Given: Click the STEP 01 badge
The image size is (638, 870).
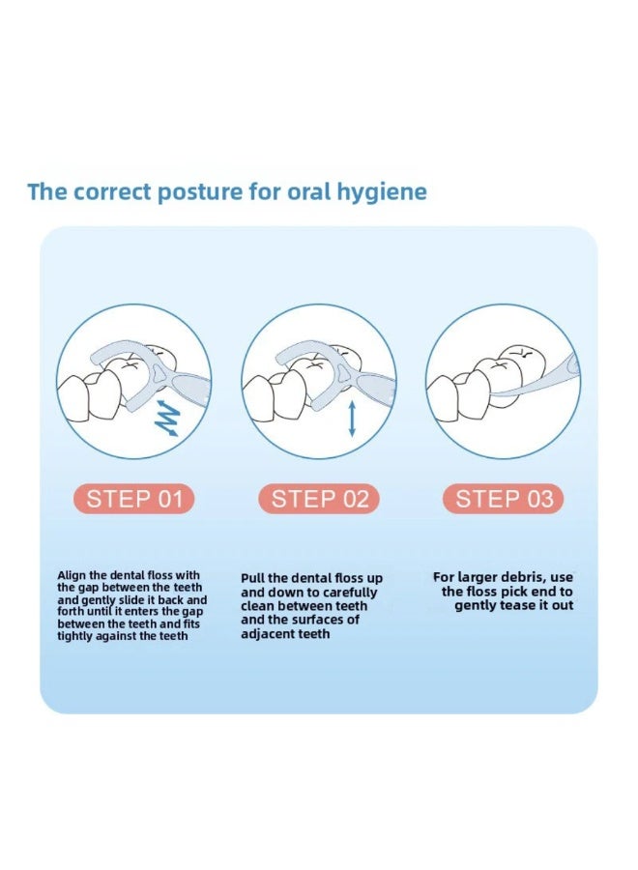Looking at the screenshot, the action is click(x=133, y=499).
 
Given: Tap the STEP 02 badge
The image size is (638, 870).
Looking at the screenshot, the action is click(x=319, y=499).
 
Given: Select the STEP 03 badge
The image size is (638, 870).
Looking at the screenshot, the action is click(x=504, y=499).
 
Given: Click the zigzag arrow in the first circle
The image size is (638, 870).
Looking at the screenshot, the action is click(x=167, y=418).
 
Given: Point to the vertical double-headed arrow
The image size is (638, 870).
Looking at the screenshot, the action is click(x=351, y=420).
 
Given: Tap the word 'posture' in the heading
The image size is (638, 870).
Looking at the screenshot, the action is click(x=200, y=192).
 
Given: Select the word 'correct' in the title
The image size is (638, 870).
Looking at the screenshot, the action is click(x=112, y=192).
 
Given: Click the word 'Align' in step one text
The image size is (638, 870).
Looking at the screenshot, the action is click(x=72, y=576).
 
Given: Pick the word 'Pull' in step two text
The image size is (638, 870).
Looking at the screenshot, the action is click(x=252, y=578).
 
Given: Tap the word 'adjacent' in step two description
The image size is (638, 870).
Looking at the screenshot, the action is click(x=265, y=633).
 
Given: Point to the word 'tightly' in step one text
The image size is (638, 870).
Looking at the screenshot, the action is click(x=73, y=636).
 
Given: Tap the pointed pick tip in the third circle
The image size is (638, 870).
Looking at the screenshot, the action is click(x=491, y=394).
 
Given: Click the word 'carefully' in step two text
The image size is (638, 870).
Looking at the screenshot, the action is click(x=350, y=593).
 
